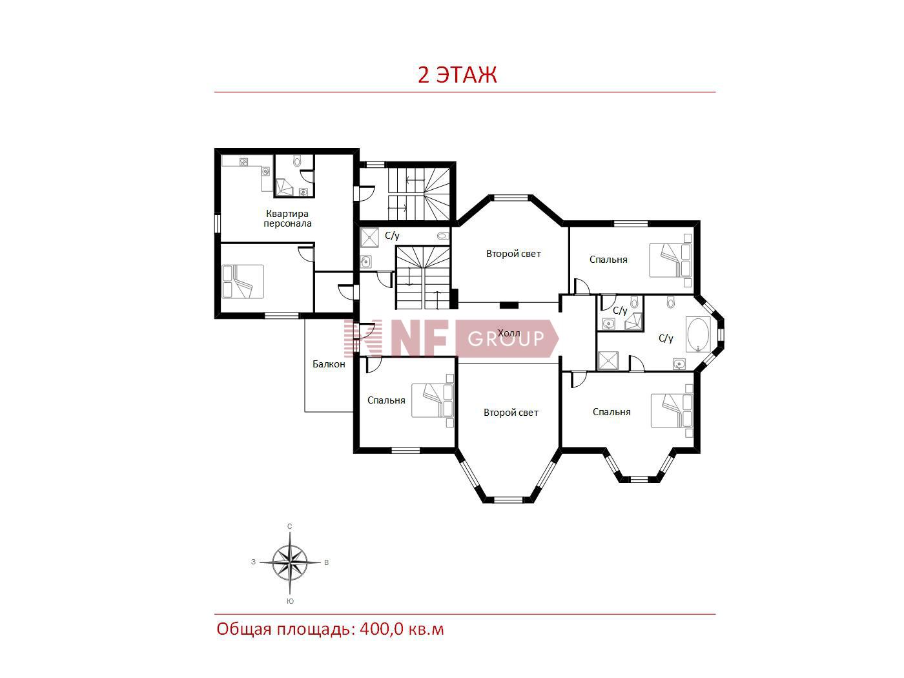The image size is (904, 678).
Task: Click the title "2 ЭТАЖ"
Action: (x=457, y=75)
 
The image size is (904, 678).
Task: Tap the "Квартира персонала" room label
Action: (x=287, y=219)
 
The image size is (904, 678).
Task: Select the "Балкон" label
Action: (x=329, y=364)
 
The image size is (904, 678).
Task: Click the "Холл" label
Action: (x=509, y=333)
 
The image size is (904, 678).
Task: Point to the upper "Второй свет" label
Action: (x=513, y=254)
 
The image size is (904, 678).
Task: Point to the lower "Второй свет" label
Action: (x=511, y=413)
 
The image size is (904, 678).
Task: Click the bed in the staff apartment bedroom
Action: (x=243, y=282)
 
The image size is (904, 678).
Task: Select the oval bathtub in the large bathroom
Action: (x=697, y=334)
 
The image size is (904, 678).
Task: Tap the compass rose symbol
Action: (x=290, y=562)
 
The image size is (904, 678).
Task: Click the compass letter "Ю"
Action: (x=290, y=601)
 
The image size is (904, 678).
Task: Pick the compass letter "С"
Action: (x=289, y=526)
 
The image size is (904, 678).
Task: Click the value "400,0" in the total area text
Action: (x=381, y=630)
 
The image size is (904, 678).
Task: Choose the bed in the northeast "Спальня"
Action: (x=670, y=260)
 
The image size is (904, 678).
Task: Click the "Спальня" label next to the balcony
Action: (x=386, y=400)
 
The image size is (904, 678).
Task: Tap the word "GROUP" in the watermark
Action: (x=506, y=338)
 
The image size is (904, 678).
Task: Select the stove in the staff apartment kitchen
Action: (x=244, y=162)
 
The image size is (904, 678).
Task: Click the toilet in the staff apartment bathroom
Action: (x=298, y=161)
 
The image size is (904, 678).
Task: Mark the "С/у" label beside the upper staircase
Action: (x=392, y=236)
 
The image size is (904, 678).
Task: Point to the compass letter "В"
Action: (x=326, y=562)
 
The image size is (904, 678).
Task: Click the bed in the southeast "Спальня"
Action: (x=672, y=411)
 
